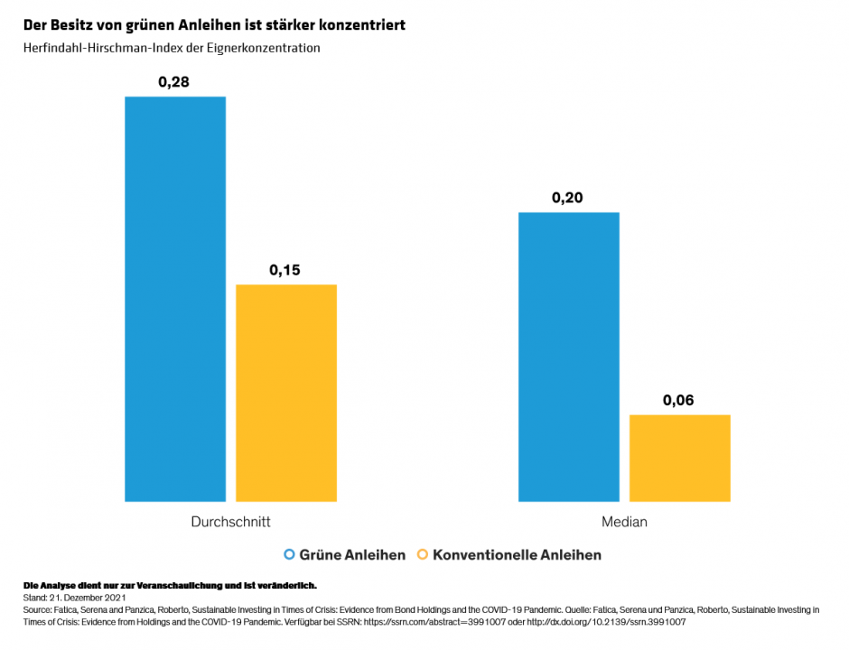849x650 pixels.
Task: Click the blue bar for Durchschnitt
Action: tap(175, 298)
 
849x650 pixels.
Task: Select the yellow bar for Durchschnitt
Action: tap(286, 393)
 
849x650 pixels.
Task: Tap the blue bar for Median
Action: tap(569, 357)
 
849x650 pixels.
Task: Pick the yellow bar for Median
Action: tap(680, 458)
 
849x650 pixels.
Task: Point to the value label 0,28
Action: tap(175, 82)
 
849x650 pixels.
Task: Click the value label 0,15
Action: tap(286, 270)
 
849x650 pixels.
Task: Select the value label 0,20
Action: tap(569, 198)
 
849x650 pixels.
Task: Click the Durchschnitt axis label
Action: tap(230, 522)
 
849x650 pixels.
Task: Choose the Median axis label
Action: tap(624, 522)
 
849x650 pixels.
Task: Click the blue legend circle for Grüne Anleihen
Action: tap(290, 554)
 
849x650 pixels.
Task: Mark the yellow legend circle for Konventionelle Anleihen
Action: tap(423, 554)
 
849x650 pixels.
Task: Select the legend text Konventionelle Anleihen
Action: tap(517, 554)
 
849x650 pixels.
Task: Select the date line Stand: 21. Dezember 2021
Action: tap(74, 598)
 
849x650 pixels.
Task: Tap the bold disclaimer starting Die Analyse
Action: tap(170, 586)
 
